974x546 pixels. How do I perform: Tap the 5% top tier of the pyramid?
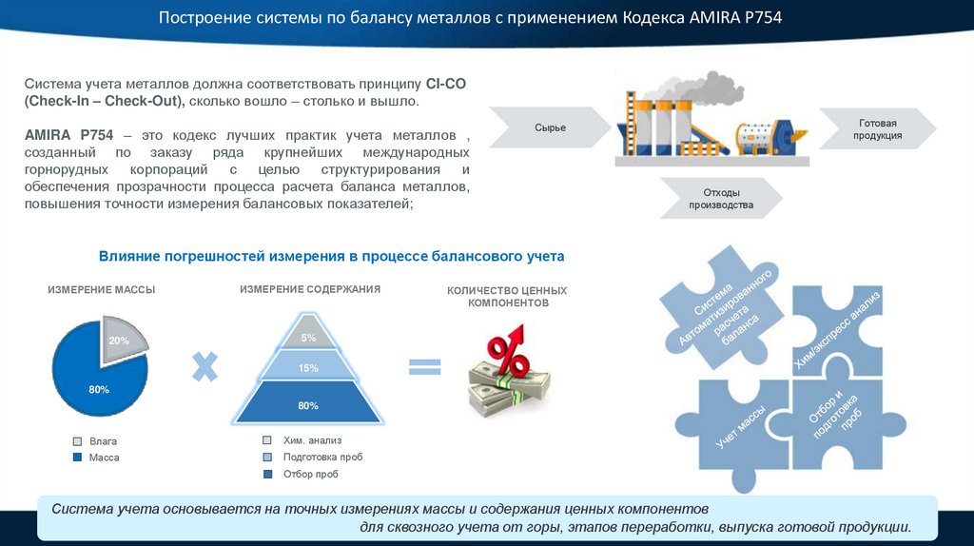click(308, 338)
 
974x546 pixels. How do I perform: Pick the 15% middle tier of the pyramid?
click(308, 367)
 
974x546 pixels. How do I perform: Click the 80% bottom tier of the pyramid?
click(308, 405)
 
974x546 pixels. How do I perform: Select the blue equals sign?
click(425, 367)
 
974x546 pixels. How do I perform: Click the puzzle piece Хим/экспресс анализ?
click(837, 323)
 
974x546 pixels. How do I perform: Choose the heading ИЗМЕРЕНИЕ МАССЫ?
click(102, 289)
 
